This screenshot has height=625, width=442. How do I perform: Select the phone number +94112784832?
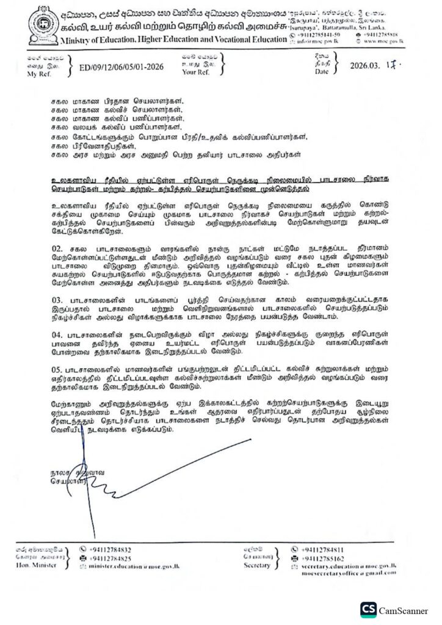(110, 549)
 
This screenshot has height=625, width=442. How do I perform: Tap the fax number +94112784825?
(110, 558)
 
